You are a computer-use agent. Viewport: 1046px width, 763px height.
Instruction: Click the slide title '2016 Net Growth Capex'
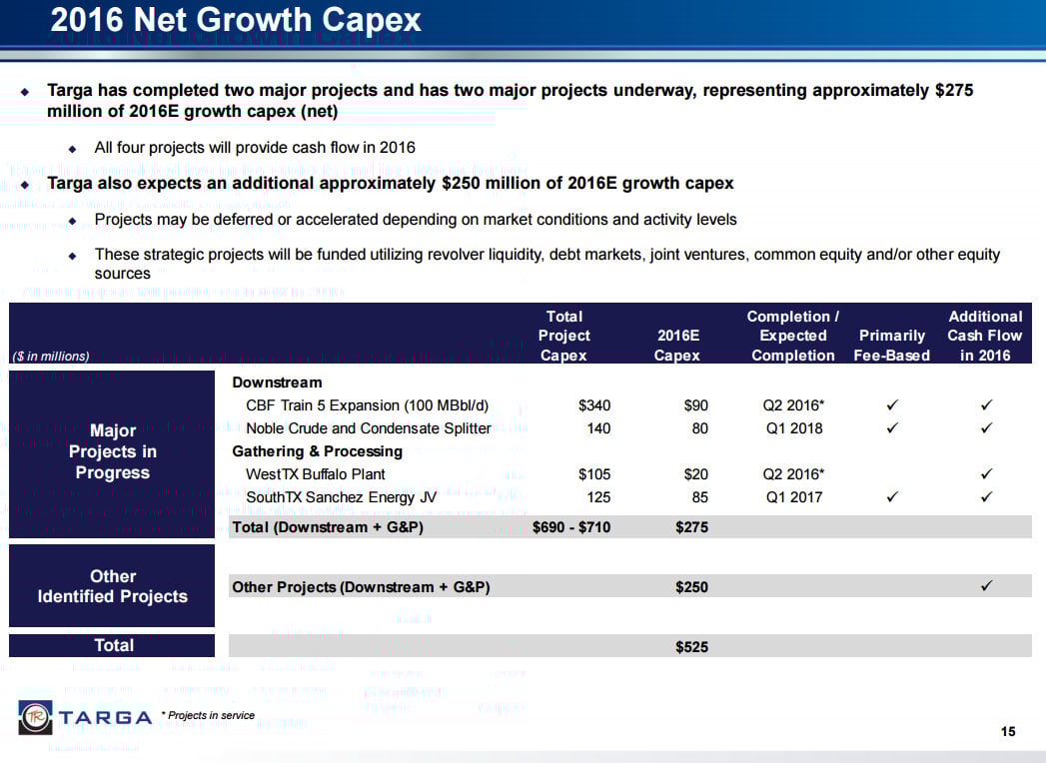[236, 21]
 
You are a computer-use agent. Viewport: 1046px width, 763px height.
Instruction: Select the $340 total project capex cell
[593, 405]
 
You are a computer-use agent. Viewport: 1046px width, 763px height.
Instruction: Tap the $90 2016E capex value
[694, 405]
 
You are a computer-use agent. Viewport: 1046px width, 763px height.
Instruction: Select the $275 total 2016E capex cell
[691, 527]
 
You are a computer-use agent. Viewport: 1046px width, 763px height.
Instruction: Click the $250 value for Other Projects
[691, 587]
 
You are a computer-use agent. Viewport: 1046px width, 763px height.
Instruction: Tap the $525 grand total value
[691, 647]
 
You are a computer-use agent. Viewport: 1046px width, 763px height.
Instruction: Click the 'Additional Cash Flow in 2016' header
[984, 336]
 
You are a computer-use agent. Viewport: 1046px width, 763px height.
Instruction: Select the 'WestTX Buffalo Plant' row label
[315, 474]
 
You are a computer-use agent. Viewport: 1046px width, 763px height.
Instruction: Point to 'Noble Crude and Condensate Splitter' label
[368, 428]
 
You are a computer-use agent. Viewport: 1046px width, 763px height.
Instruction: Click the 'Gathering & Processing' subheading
[317, 451]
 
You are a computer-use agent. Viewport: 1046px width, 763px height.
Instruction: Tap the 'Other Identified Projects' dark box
[112, 586]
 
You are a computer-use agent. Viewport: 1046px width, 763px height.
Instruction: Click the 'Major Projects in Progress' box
[112, 451]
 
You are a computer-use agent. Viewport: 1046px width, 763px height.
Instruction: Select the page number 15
[1007, 732]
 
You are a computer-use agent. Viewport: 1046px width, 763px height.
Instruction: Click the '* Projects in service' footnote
[209, 715]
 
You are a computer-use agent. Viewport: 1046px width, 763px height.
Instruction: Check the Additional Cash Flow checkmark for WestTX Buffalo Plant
[985, 474]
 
